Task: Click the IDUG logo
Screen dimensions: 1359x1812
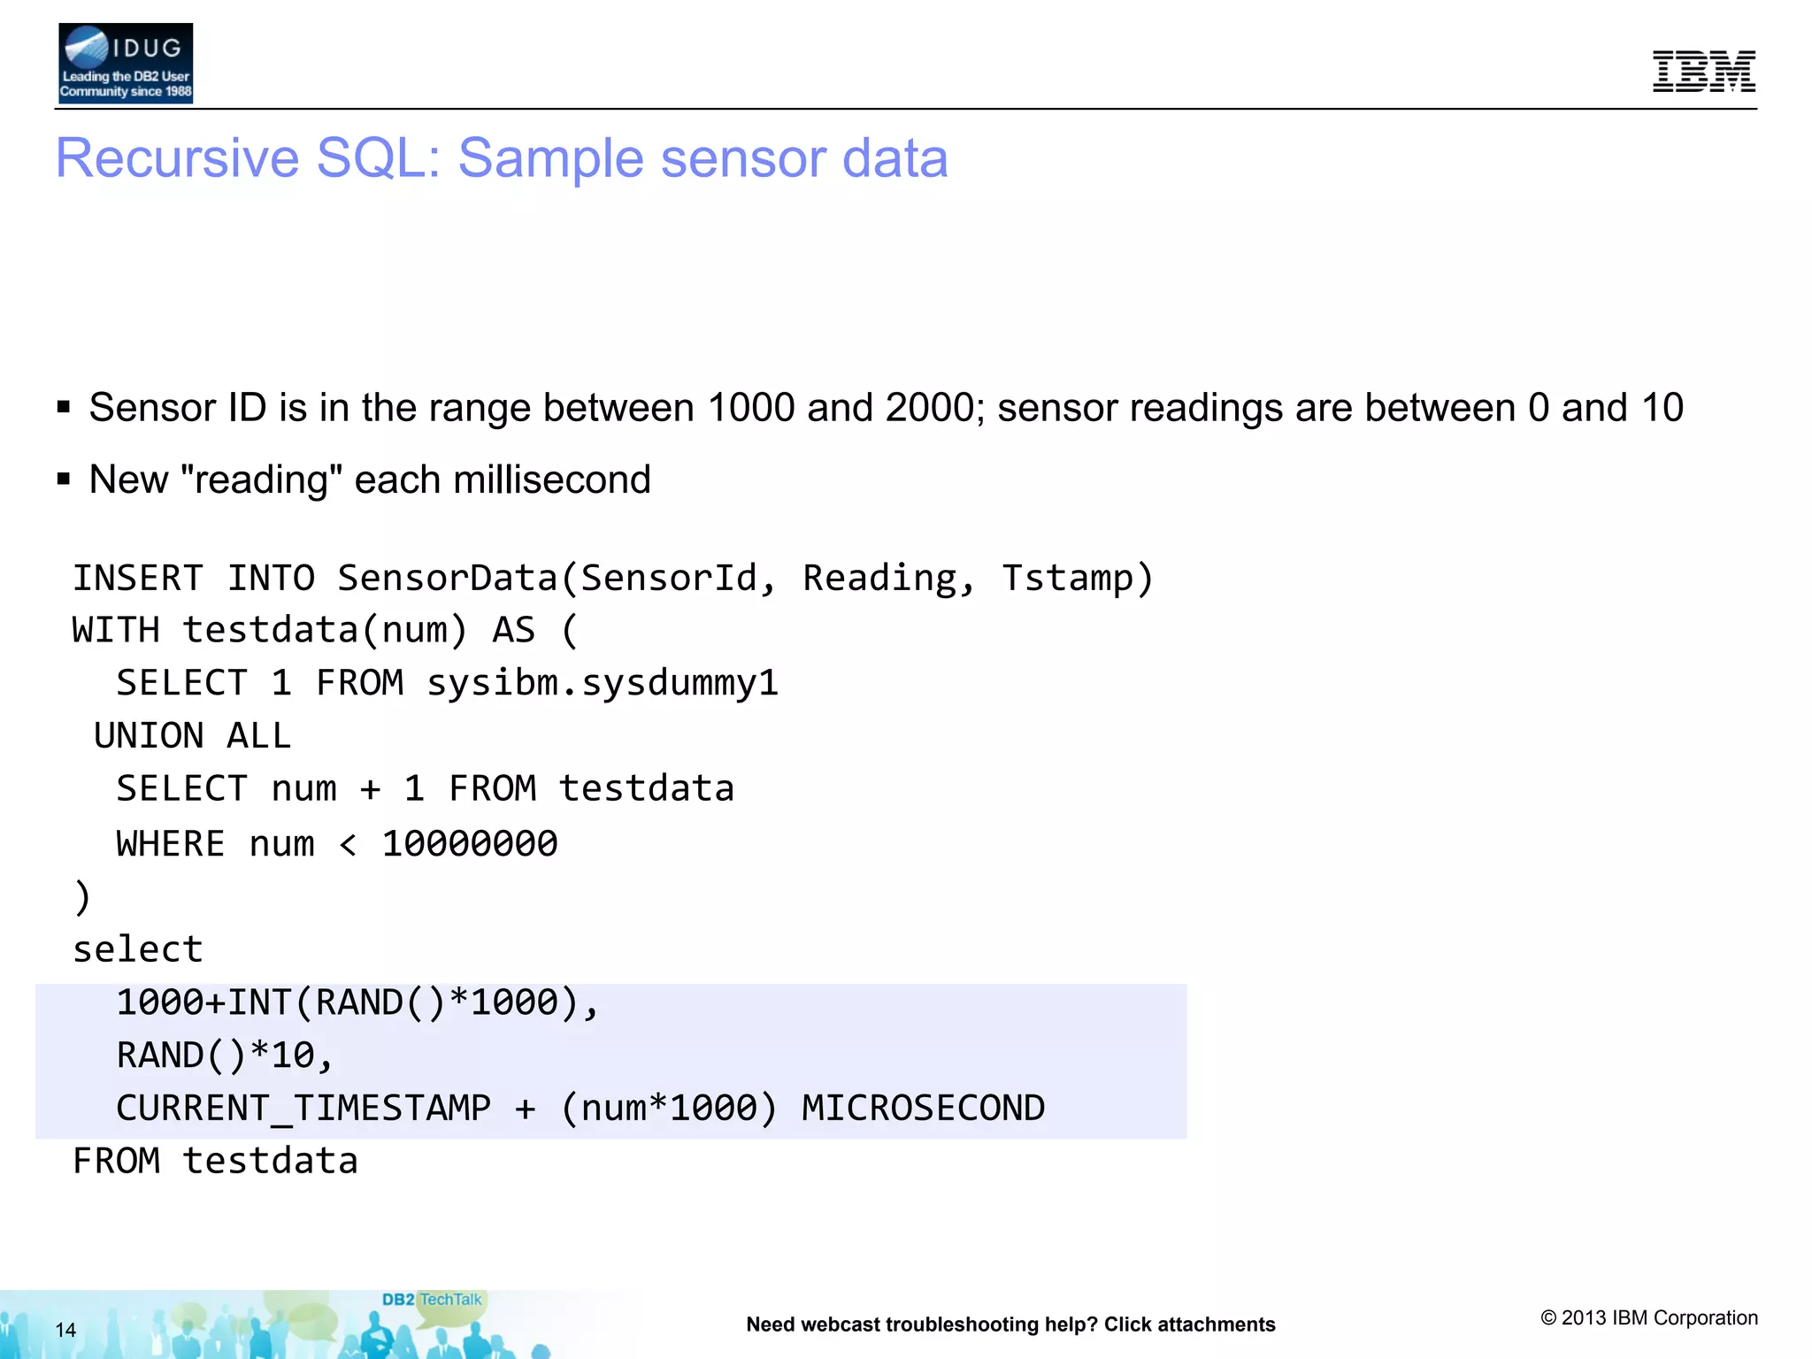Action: (x=125, y=64)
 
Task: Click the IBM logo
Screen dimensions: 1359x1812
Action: (x=1703, y=72)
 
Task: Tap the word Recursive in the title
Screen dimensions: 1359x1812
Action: (x=177, y=158)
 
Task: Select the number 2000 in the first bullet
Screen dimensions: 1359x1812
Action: (x=929, y=408)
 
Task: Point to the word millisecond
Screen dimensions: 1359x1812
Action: (x=551, y=480)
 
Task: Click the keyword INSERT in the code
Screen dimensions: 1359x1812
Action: (x=138, y=579)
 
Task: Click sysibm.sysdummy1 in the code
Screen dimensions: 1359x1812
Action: (x=603, y=683)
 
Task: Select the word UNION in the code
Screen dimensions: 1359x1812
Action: (x=149, y=736)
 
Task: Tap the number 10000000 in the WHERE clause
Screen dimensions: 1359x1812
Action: (x=470, y=844)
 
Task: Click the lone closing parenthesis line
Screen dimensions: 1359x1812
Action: (x=81, y=897)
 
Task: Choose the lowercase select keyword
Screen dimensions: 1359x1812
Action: (x=138, y=949)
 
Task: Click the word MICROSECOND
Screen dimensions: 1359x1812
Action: (x=923, y=1109)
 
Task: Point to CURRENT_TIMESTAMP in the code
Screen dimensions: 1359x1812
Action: (x=303, y=1109)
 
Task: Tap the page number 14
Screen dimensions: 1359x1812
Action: (x=65, y=1330)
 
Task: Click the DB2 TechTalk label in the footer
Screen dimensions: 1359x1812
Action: (x=432, y=1300)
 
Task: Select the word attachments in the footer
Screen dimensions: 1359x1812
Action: (x=1216, y=1324)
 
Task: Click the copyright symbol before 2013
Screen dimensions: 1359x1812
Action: (x=1548, y=1318)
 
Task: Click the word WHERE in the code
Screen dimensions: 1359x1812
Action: (x=171, y=844)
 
